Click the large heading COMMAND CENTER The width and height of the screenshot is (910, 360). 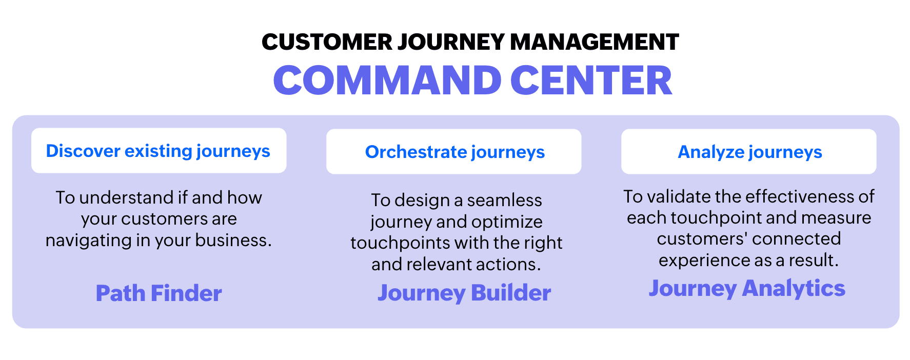coord(472,81)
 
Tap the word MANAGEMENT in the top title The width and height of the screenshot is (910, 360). coord(595,42)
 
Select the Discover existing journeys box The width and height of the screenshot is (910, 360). coord(159,151)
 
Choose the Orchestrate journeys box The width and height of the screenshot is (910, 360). coord(454,152)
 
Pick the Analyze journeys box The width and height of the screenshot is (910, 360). coord(749,152)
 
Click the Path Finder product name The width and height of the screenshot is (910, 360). coord(159,293)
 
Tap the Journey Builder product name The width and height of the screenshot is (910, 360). coord(464,293)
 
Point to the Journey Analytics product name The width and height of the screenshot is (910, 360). coord(747,289)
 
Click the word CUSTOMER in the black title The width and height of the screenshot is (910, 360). coord(327,42)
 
